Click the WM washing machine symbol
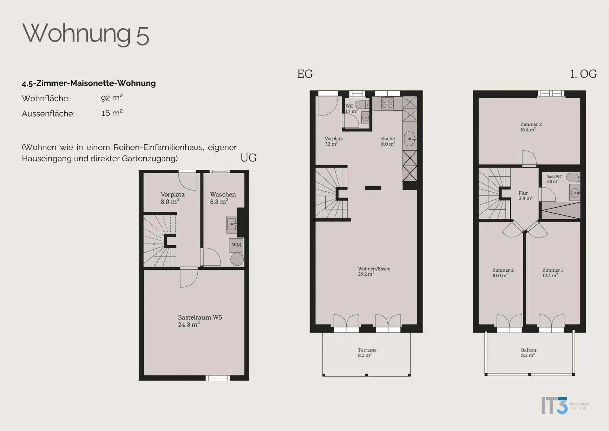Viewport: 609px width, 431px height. [236, 245]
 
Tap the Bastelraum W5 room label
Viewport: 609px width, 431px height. [200, 321]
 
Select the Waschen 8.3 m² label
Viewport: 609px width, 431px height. [223, 198]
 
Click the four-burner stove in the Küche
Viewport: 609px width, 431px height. [387, 103]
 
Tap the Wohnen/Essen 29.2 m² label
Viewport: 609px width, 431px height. [374, 271]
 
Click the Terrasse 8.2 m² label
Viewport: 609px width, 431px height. [367, 353]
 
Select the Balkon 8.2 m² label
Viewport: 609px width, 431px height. [528, 353]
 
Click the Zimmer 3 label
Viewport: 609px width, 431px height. [531, 127]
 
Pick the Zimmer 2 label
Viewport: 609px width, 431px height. [503, 273]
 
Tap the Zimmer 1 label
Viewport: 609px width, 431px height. [553, 273]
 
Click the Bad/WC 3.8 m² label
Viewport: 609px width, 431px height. [554, 179]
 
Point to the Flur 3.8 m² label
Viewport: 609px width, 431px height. [525, 196]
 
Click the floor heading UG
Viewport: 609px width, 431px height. [248, 158]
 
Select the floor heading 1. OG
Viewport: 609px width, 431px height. [583, 74]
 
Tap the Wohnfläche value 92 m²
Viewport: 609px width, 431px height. [112, 97]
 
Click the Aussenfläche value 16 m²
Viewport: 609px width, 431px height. [112, 113]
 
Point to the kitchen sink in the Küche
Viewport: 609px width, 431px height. [410, 139]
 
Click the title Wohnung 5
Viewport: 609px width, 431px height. [86, 34]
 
